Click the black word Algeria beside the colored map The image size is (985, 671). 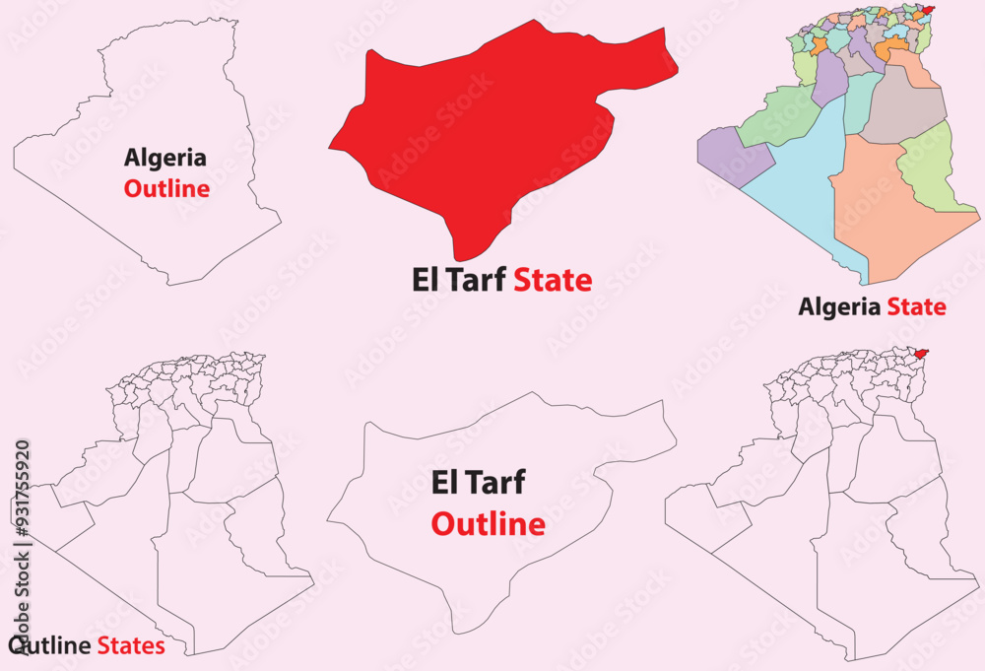click(x=839, y=306)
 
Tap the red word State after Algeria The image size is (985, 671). click(x=916, y=306)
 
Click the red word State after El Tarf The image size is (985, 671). click(x=553, y=281)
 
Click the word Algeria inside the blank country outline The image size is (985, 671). click(x=165, y=157)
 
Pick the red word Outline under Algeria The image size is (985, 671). click(x=166, y=188)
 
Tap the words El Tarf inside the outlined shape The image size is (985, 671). click(x=479, y=483)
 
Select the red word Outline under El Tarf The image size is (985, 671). click(x=489, y=524)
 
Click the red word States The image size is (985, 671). click(x=130, y=646)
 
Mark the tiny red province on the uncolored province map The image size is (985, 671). click(x=921, y=353)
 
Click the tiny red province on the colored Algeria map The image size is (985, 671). click(x=925, y=11)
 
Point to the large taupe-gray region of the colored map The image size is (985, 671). click(x=901, y=103)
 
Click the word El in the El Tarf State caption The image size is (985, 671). click(x=425, y=281)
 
